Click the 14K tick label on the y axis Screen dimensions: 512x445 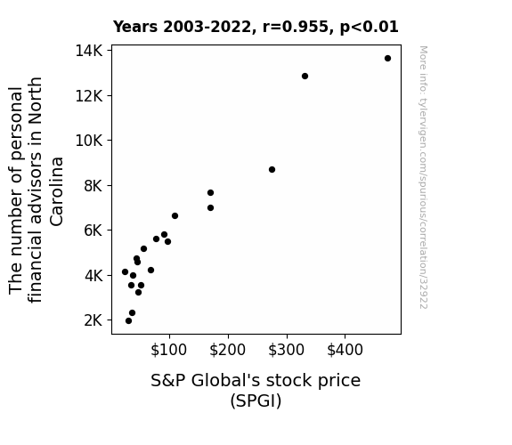pyautogui.click(x=89, y=51)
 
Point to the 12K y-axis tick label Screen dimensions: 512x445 pyautogui.click(x=89, y=96)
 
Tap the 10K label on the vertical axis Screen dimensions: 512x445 pyautogui.click(x=89, y=141)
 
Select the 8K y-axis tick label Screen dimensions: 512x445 pyautogui.click(x=93, y=186)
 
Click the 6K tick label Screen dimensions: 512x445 pyautogui.click(x=93, y=231)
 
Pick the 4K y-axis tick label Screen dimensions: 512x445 pyautogui.click(x=93, y=276)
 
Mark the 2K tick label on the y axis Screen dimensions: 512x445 pyautogui.click(x=93, y=320)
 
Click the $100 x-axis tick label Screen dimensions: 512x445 pyautogui.click(x=168, y=350)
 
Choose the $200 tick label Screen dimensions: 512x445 pyautogui.click(x=227, y=350)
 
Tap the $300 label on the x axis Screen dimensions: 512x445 pyautogui.click(x=286, y=350)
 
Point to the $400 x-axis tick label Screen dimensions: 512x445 pyautogui.click(x=345, y=350)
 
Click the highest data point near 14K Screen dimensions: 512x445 pyautogui.click(x=387, y=59)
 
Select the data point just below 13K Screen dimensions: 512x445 pyautogui.click(x=305, y=76)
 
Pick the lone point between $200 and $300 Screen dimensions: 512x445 pyautogui.click(x=272, y=169)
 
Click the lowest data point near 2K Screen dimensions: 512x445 pyautogui.click(x=128, y=321)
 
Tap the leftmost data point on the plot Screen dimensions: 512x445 pyautogui.click(x=125, y=272)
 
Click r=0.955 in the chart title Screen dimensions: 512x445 pyautogui.click(x=296, y=27)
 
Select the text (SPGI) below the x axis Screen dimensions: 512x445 pyautogui.click(x=256, y=400)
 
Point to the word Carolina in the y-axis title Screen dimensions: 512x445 pyautogui.click(x=57, y=191)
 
